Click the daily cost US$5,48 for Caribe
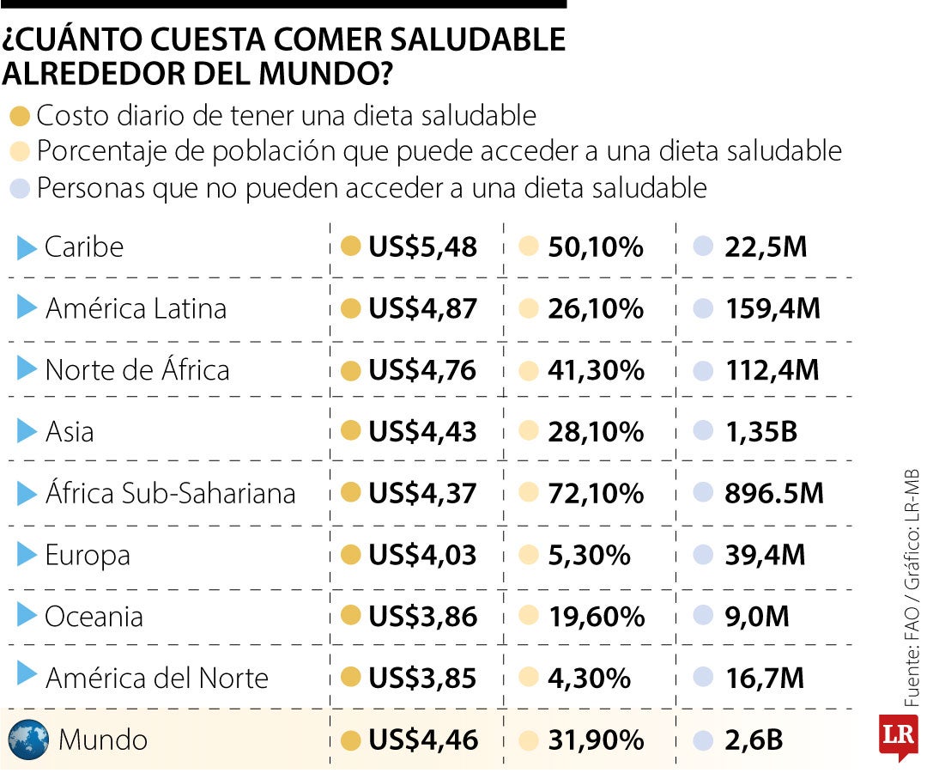tap(422, 247)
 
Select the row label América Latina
tap(136, 308)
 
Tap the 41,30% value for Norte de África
tap(596, 370)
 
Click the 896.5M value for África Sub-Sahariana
tap(773, 493)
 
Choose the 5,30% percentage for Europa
tap(589, 555)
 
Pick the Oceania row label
tap(94, 617)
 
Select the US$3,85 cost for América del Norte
tap(422, 679)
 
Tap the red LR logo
tap(898, 735)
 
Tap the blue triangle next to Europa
tap(27, 555)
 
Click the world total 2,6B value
tap(754, 740)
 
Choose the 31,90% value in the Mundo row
tap(596, 740)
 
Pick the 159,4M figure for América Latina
tap(772, 308)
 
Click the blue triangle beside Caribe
tap(27, 247)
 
